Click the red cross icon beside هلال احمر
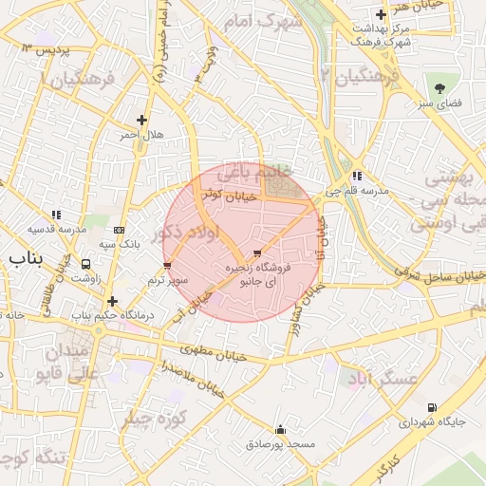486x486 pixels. (141, 120)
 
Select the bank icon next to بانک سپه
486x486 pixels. (119, 229)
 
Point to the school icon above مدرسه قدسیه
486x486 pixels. (56, 215)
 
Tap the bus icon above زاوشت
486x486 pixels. (86, 265)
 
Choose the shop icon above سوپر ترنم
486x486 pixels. (168, 266)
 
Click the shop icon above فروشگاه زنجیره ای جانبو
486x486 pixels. (256, 253)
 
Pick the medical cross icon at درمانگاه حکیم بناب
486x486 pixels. (112, 300)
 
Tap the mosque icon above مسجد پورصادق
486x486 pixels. (279, 429)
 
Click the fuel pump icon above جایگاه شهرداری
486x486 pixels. (433, 406)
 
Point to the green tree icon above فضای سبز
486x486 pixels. (442, 82)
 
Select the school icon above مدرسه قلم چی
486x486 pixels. (356, 176)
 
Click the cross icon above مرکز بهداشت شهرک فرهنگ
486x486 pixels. (381, 14)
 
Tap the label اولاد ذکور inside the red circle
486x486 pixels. (186, 233)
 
